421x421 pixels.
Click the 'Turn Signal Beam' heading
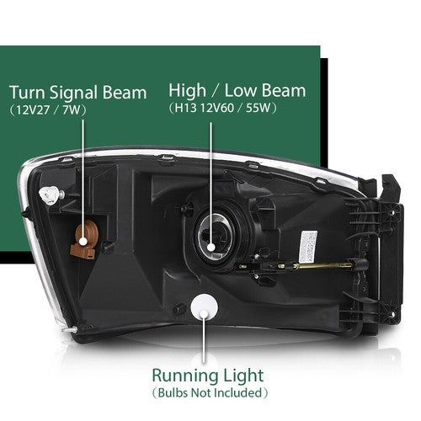[78, 93]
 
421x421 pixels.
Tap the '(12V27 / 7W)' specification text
[48, 110]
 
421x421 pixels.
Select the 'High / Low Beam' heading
[237, 91]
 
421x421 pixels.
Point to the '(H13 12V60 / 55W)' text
[223, 108]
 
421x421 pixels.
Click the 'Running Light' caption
[208, 376]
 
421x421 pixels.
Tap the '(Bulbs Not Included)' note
[210, 393]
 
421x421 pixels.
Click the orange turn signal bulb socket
[83, 240]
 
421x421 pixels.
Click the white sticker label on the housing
[309, 243]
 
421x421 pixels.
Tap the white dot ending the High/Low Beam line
[211, 248]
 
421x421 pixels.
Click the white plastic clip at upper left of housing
[48, 195]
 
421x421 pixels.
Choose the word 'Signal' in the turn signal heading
[74, 93]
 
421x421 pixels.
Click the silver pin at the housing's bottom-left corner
[69, 330]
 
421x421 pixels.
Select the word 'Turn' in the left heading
[27, 93]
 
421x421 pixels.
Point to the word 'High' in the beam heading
[187, 91]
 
